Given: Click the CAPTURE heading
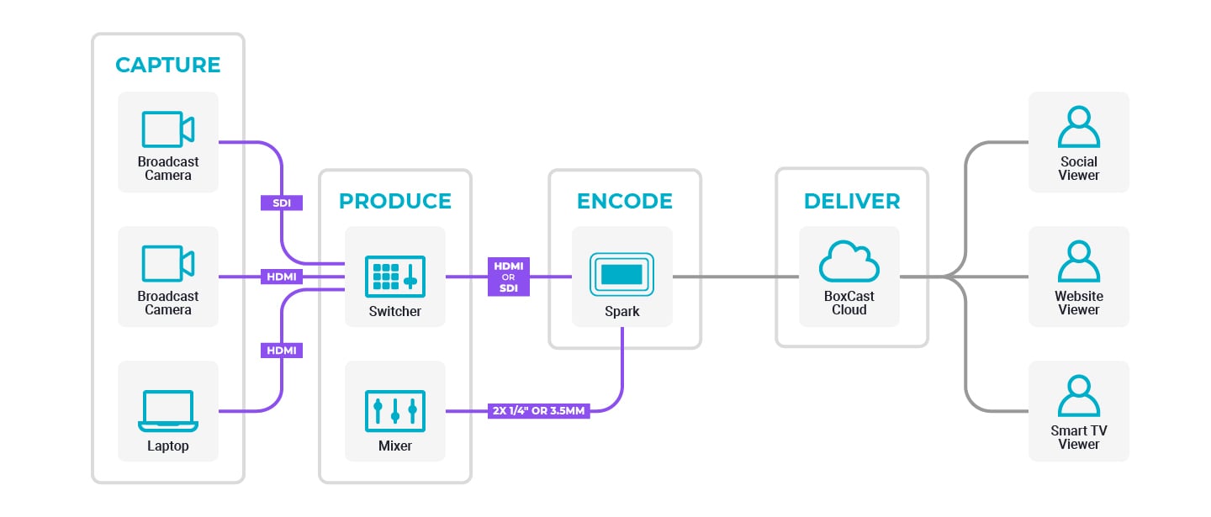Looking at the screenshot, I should click(x=167, y=66).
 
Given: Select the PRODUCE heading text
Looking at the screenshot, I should click(x=394, y=202).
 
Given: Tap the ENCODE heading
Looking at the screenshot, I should click(x=624, y=202).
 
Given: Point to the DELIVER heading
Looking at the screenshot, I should click(x=851, y=202).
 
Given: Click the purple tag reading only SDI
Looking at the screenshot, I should click(x=281, y=203).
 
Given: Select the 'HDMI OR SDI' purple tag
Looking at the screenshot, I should click(x=509, y=277).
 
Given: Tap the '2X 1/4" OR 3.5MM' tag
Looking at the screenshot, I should click(x=538, y=411).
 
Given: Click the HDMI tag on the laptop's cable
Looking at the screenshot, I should click(x=281, y=350).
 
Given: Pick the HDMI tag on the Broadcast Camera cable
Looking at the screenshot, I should click(x=281, y=277).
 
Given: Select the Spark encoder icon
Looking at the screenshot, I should click(x=622, y=275).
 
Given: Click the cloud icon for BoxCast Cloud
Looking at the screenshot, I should click(x=849, y=263).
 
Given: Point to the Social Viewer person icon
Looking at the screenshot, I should click(x=1078, y=128).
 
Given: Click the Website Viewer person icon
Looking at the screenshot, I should click(x=1078, y=261).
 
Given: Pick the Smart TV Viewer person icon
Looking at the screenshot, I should click(x=1078, y=397).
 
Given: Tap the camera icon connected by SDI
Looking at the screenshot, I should click(x=168, y=129).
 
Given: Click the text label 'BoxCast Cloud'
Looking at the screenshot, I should click(x=849, y=303).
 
